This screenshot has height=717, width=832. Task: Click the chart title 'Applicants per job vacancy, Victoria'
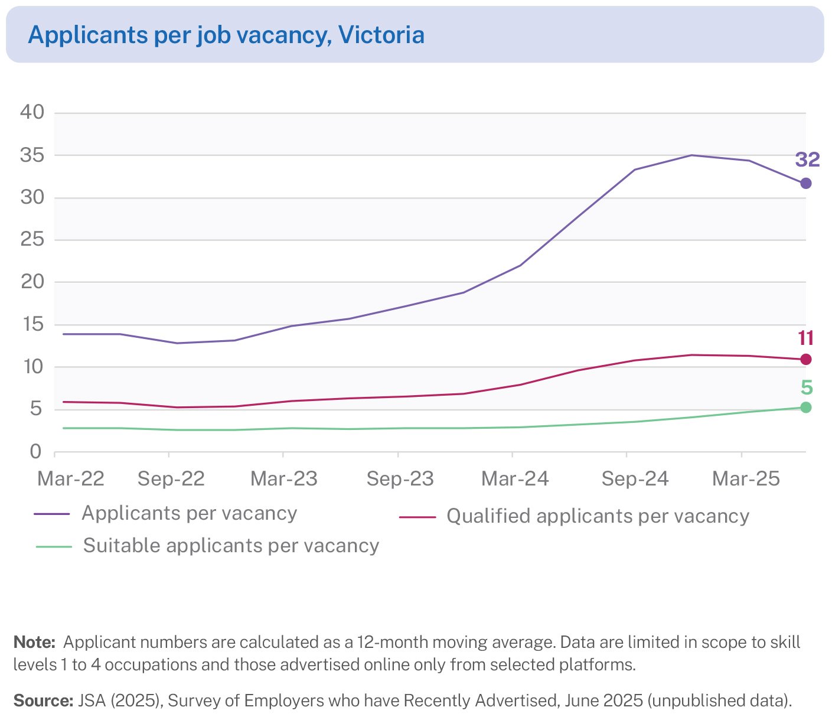(226, 35)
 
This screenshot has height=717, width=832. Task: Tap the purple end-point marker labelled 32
(806, 183)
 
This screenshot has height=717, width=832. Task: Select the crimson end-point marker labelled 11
(806, 359)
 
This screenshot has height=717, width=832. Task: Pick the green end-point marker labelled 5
(806, 407)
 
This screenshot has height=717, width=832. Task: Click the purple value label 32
(807, 159)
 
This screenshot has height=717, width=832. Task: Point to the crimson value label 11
(806, 338)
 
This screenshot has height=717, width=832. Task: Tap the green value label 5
(807, 388)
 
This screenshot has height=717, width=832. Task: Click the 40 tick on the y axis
(32, 112)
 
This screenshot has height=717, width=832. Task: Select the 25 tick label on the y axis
(32, 239)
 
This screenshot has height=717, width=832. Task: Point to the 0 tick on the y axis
(37, 452)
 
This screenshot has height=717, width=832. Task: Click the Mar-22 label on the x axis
(71, 479)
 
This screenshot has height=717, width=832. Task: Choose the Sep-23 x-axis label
(400, 479)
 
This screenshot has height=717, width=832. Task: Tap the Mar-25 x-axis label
(746, 479)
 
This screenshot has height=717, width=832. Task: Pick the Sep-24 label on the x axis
(635, 479)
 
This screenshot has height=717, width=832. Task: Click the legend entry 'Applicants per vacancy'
(189, 513)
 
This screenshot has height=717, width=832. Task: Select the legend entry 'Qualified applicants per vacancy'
(598, 516)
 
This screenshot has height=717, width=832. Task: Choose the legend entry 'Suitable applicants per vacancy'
(231, 546)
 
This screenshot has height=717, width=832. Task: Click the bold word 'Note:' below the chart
(34, 643)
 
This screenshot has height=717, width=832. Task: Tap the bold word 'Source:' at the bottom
(43, 701)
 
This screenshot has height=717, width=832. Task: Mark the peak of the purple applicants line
(691, 155)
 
